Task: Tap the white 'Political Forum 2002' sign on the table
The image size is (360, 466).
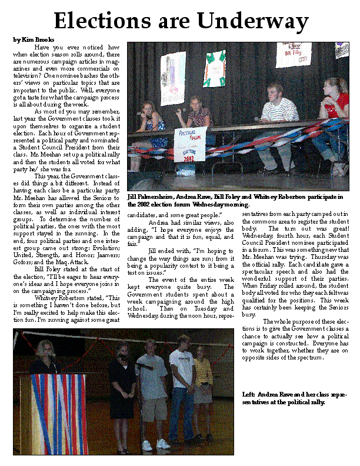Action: (190, 144)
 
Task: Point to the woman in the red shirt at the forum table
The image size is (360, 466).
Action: (335, 112)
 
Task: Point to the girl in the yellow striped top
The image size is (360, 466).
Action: (203, 377)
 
